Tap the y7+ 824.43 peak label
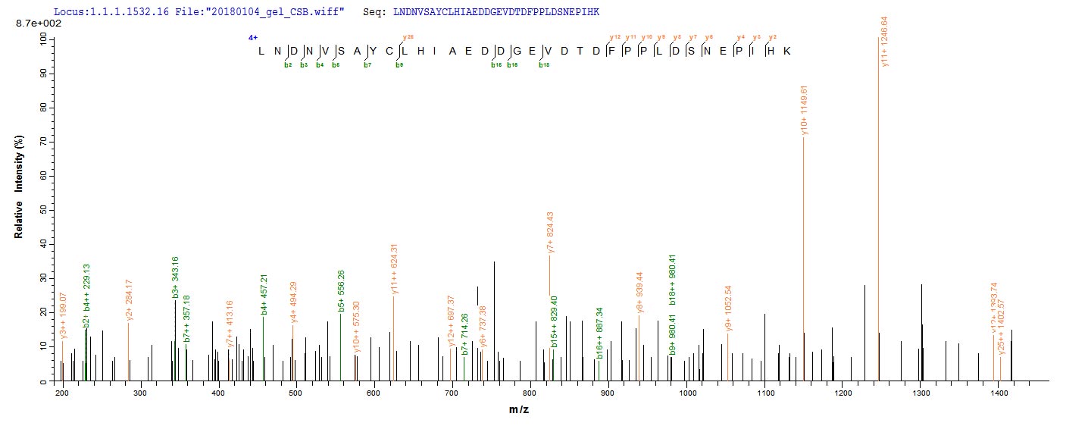551,232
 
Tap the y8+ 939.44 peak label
639,293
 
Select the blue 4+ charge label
252,37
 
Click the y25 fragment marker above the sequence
408,37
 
